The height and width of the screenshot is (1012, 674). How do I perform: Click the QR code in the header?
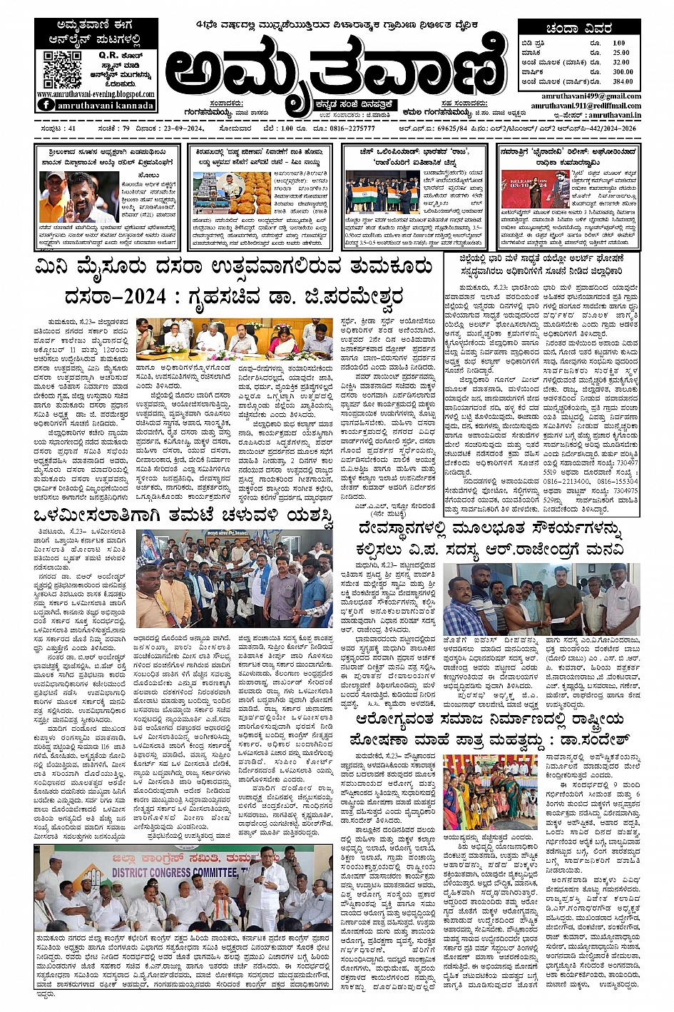click(62, 69)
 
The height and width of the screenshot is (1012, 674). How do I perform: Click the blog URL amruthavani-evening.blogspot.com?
click(95, 94)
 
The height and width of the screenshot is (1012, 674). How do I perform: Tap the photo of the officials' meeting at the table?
click(234, 339)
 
